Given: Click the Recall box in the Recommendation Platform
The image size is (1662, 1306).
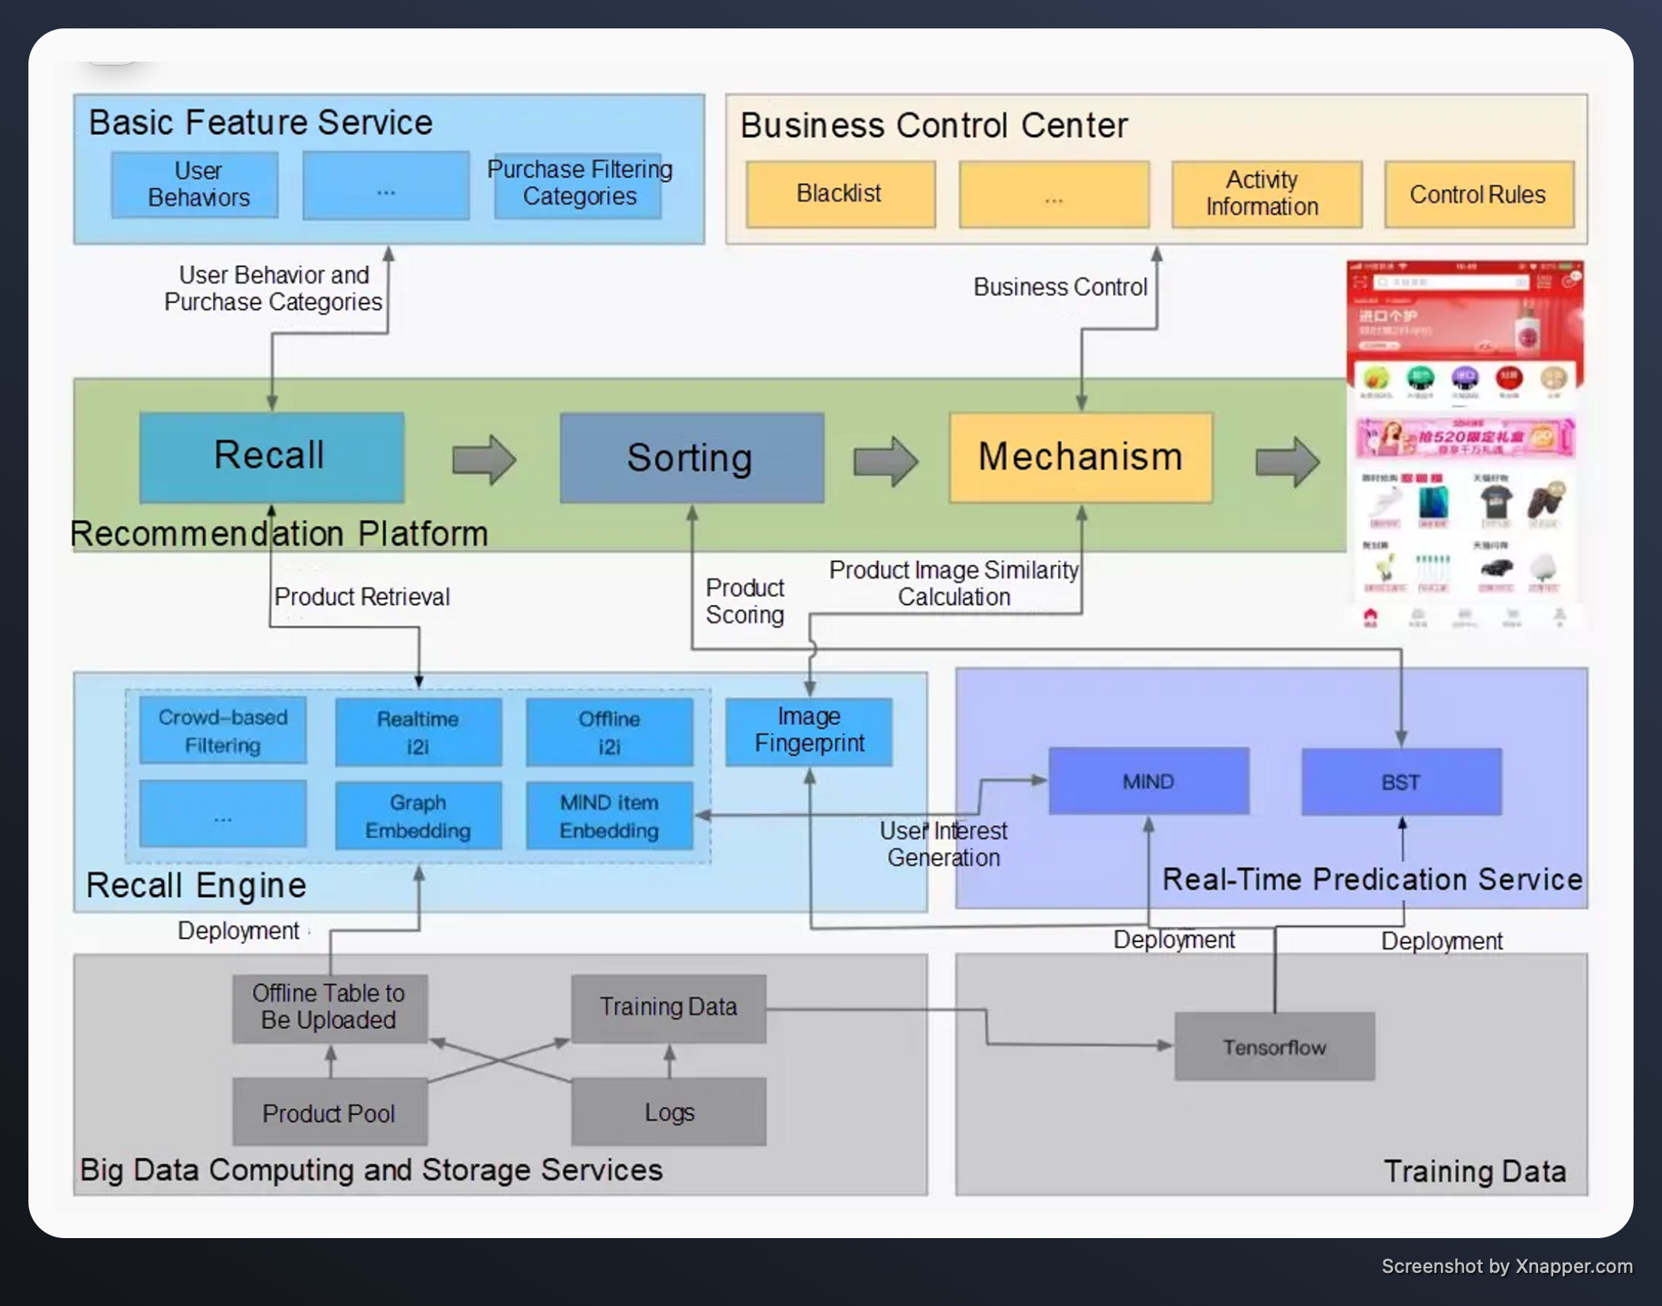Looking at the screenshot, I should pyautogui.click(x=271, y=456).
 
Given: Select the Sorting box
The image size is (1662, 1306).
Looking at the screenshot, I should pyautogui.click(x=691, y=458).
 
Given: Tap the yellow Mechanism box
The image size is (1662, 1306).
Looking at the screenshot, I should pyautogui.click(x=1080, y=457).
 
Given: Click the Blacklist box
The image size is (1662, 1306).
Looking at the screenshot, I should pyautogui.click(x=840, y=194).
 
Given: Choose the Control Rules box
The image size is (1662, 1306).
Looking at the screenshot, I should pyautogui.click(x=1478, y=195).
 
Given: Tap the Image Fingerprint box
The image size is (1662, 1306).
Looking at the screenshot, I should pyautogui.click(x=809, y=730).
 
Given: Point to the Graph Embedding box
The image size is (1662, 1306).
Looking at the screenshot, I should pyautogui.click(x=418, y=816).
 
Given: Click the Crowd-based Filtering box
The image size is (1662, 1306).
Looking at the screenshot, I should pyautogui.click(x=223, y=730).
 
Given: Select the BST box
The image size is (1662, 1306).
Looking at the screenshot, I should pyautogui.click(x=1401, y=782).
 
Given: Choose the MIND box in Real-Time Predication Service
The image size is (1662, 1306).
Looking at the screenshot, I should pyautogui.click(x=1148, y=781).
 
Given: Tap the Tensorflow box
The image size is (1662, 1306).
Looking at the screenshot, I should pyautogui.click(x=1275, y=1046).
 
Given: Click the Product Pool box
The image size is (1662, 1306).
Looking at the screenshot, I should pyautogui.click(x=330, y=1112).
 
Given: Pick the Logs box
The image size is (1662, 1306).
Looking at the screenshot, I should pyautogui.click(x=668, y=1111).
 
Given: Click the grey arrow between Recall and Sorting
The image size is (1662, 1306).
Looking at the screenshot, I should pyautogui.click(x=483, y=459).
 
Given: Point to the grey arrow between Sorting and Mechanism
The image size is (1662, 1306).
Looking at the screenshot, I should pyautogui.click(x=885, y=460).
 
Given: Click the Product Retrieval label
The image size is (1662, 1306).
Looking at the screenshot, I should pyautogui.click(x=361, y=597).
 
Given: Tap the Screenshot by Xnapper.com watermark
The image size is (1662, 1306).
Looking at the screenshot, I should pyautogui.click(x=1506, y=1267).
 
